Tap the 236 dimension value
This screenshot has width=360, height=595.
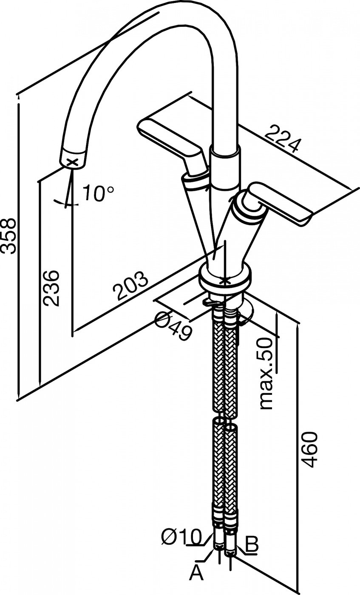[51, 289]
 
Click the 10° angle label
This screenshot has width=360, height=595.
[98, 193]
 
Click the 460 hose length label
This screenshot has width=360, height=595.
[310, 450]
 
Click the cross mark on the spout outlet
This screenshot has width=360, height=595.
[72, 162]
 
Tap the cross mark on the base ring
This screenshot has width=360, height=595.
[225, 281]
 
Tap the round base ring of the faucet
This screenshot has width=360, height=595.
[225, 278]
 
